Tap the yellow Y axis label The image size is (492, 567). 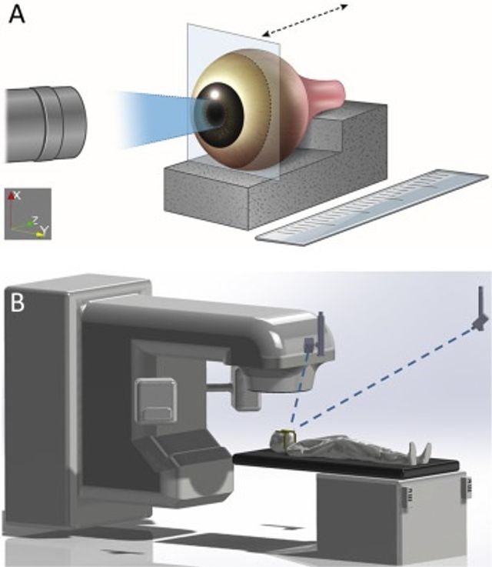(x=44, y=229)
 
